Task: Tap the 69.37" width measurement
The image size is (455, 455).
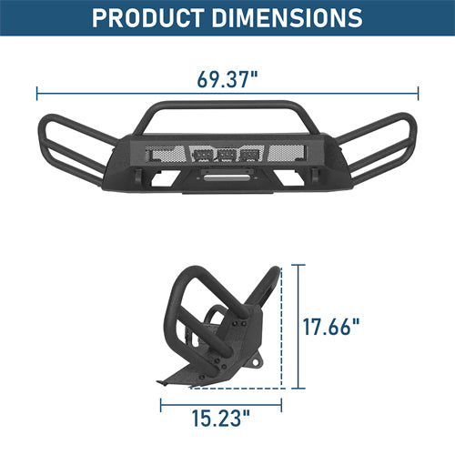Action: coord(227,76)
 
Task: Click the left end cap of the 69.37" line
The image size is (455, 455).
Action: coord(37,93)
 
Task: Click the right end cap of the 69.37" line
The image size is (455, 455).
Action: coord(418,93)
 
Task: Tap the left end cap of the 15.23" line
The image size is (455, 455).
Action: coord(187,400)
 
